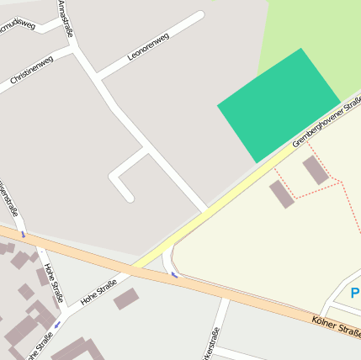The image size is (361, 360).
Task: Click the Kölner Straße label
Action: click(x=335, y=326)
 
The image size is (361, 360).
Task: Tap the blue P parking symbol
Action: click(x=355, y=294)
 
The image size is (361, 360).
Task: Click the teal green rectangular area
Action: click(x=279, y=104)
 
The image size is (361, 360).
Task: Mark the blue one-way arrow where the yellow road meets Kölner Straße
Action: click(x=174, y=274)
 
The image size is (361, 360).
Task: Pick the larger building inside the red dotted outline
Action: click(x=316, y=170)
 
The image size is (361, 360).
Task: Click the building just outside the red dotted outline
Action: click(x=282, y=194)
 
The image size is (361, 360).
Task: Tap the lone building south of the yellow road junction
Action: click(x=126, y=299)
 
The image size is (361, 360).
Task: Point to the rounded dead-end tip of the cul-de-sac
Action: click(x=128, y=197)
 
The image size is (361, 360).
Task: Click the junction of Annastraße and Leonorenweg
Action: click(x=98, y=79)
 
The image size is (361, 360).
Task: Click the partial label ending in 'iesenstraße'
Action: click(x=8, y=199)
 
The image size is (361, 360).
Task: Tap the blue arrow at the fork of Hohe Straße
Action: click(x=58, y=323)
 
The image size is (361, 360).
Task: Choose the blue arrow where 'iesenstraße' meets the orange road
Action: click(x=22, y=233)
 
